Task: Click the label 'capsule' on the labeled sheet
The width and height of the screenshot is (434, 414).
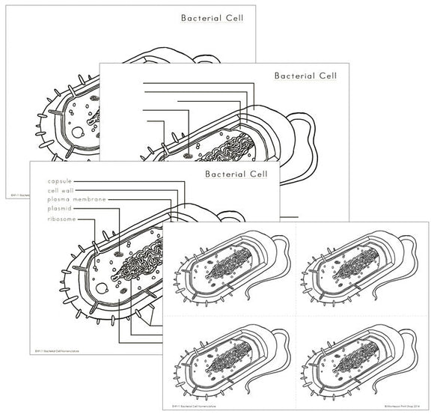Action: pos(62,180)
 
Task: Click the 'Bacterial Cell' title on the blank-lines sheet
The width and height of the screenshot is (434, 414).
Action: pos(305,76)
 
